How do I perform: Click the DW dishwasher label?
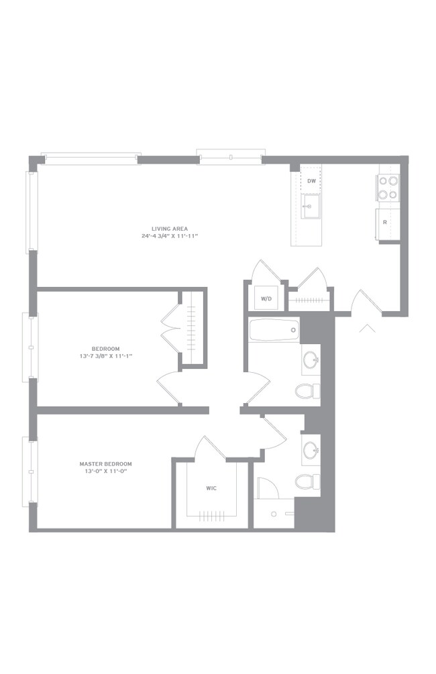tap(312, 181)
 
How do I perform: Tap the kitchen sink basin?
tap(311, 207)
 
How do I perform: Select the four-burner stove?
tap(388, 188)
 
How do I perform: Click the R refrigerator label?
tap(384, 222)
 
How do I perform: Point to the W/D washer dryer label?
tap(266, 298)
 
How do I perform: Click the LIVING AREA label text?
tap(170, 229)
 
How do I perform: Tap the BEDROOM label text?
tap(106, 349)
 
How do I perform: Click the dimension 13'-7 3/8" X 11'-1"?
tap(106, 356)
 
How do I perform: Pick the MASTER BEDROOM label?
tap(106, 464)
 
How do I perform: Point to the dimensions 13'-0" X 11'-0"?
tap(106, 471)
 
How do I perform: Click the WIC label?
tap(211, 488)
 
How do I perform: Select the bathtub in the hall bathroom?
tap(274, 330)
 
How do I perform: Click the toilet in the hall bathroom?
tap(308, 391)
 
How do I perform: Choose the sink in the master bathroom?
tap(311, 450)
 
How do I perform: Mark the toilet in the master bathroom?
tap(308, 482)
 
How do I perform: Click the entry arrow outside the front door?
tap(368, 329)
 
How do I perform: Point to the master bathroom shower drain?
tap(274, 514)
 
